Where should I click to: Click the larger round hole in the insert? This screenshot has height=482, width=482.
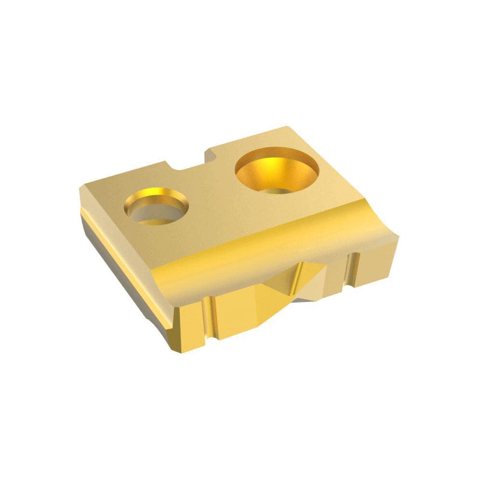(x=276, y=170)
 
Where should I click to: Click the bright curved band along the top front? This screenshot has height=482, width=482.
(x=270, y=255)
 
